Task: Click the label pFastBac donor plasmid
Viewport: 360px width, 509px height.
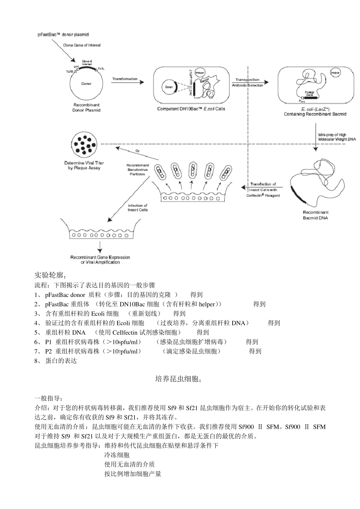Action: click(63, 34)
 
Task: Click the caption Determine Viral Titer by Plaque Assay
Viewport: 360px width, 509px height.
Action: click(84, 166)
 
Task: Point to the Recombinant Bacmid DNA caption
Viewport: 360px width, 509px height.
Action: click(315, 215)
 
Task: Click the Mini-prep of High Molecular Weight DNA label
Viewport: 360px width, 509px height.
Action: click(337, 137)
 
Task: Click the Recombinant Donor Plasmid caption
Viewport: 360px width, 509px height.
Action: click(86, 108)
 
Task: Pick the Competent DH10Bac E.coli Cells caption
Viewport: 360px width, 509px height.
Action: click(191, 109)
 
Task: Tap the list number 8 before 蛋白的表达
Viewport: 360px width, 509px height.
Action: click(37, 361)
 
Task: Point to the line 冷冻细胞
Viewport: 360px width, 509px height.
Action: click(117, 455)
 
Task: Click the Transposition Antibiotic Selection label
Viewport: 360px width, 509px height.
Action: click(247, 83)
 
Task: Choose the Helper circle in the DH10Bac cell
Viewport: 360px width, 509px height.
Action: click(200, 73)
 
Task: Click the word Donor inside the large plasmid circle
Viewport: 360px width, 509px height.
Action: click(86, 84)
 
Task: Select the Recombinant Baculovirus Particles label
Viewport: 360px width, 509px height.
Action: click(138, 170)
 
